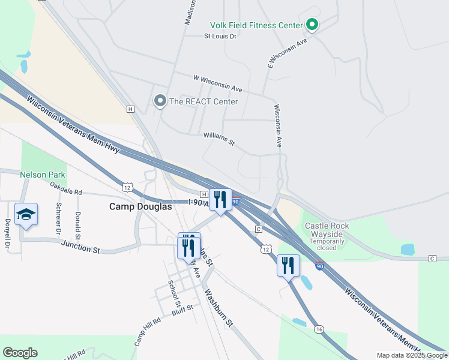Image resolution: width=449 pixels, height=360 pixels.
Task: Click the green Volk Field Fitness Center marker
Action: click(312, 25)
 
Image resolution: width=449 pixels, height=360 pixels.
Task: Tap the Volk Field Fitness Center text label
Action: click(256, 25)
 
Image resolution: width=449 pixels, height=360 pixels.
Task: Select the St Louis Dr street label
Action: click(220, 36)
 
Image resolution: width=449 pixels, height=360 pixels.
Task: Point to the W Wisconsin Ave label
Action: click(217, 82)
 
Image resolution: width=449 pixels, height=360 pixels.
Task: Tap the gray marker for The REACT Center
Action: click(160, 101)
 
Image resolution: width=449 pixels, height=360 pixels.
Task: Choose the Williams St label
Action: click(218, 139)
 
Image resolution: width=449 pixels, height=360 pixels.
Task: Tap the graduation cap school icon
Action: click(26, 214)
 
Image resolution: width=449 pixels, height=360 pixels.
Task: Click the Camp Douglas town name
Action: click(140, 206)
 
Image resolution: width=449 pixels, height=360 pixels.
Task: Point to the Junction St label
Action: click(80, 247)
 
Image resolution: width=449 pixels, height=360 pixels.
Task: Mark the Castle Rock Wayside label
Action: click(327, 226)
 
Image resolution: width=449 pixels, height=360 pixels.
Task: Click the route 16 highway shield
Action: click(319, 329)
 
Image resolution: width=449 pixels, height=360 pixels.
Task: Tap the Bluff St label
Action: click(182, 308)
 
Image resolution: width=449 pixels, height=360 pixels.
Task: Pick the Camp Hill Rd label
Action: click(148, 331)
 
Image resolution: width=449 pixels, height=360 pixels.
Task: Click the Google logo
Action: click(20, 353)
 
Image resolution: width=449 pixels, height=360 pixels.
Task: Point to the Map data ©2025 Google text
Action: click(411, 355)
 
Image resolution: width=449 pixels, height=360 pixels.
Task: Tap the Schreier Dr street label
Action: click(59, 217)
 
